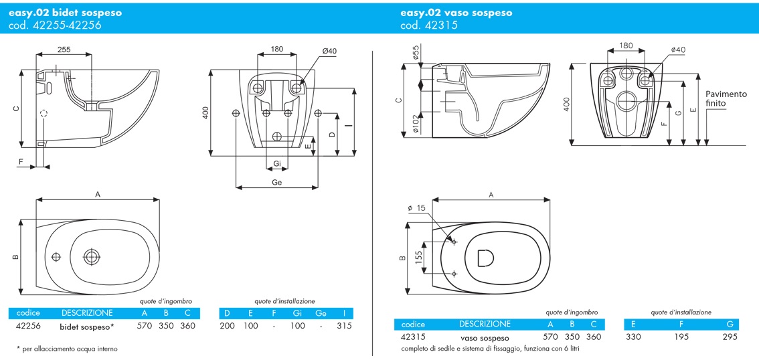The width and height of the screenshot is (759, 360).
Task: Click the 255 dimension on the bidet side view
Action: coord(64,49)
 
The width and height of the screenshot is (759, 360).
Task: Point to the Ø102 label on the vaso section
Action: coord(416,126)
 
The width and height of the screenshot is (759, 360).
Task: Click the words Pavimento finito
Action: coord(719,98)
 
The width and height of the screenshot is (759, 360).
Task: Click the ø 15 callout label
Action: coord(416,208)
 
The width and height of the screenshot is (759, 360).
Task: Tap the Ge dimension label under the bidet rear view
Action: coord(277,183)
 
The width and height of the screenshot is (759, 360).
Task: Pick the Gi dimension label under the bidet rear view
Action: coord(277,164)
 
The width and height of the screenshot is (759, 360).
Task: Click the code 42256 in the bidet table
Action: coord(29,326)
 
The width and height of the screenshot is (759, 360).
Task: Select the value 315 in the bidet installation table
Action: coord(343,326)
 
